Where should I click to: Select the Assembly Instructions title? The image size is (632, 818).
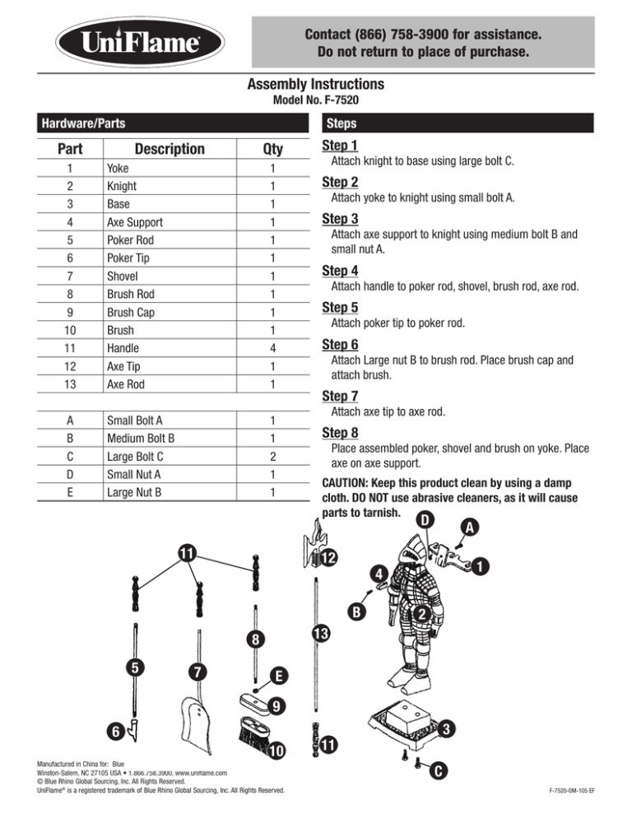315,85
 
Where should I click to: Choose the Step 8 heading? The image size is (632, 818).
340,432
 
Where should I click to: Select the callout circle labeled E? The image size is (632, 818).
281,675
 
